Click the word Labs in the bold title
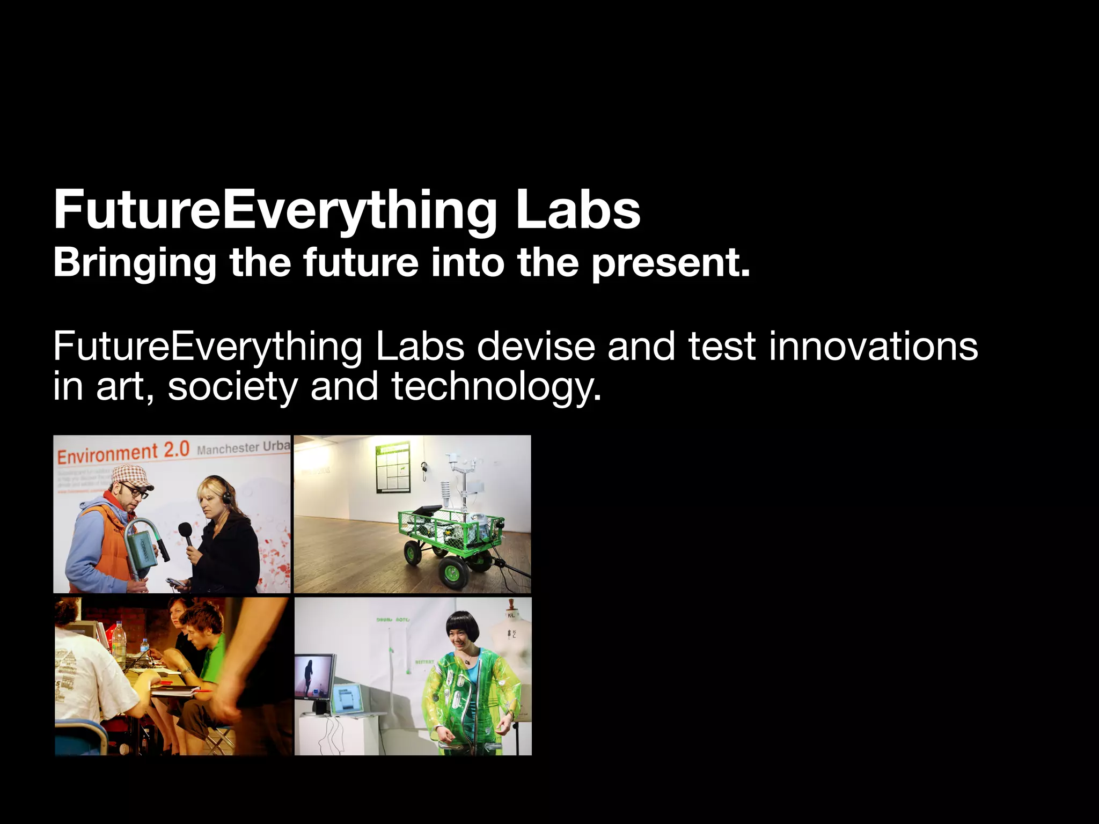click(578, 210)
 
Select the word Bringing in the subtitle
click(135, 263)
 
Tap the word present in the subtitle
click(670, 263)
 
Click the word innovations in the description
click(873, 347)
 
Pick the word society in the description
click(232, 387)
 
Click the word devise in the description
click(536, 347)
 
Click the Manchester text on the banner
click(228, 448)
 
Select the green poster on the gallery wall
click(393, 466)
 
